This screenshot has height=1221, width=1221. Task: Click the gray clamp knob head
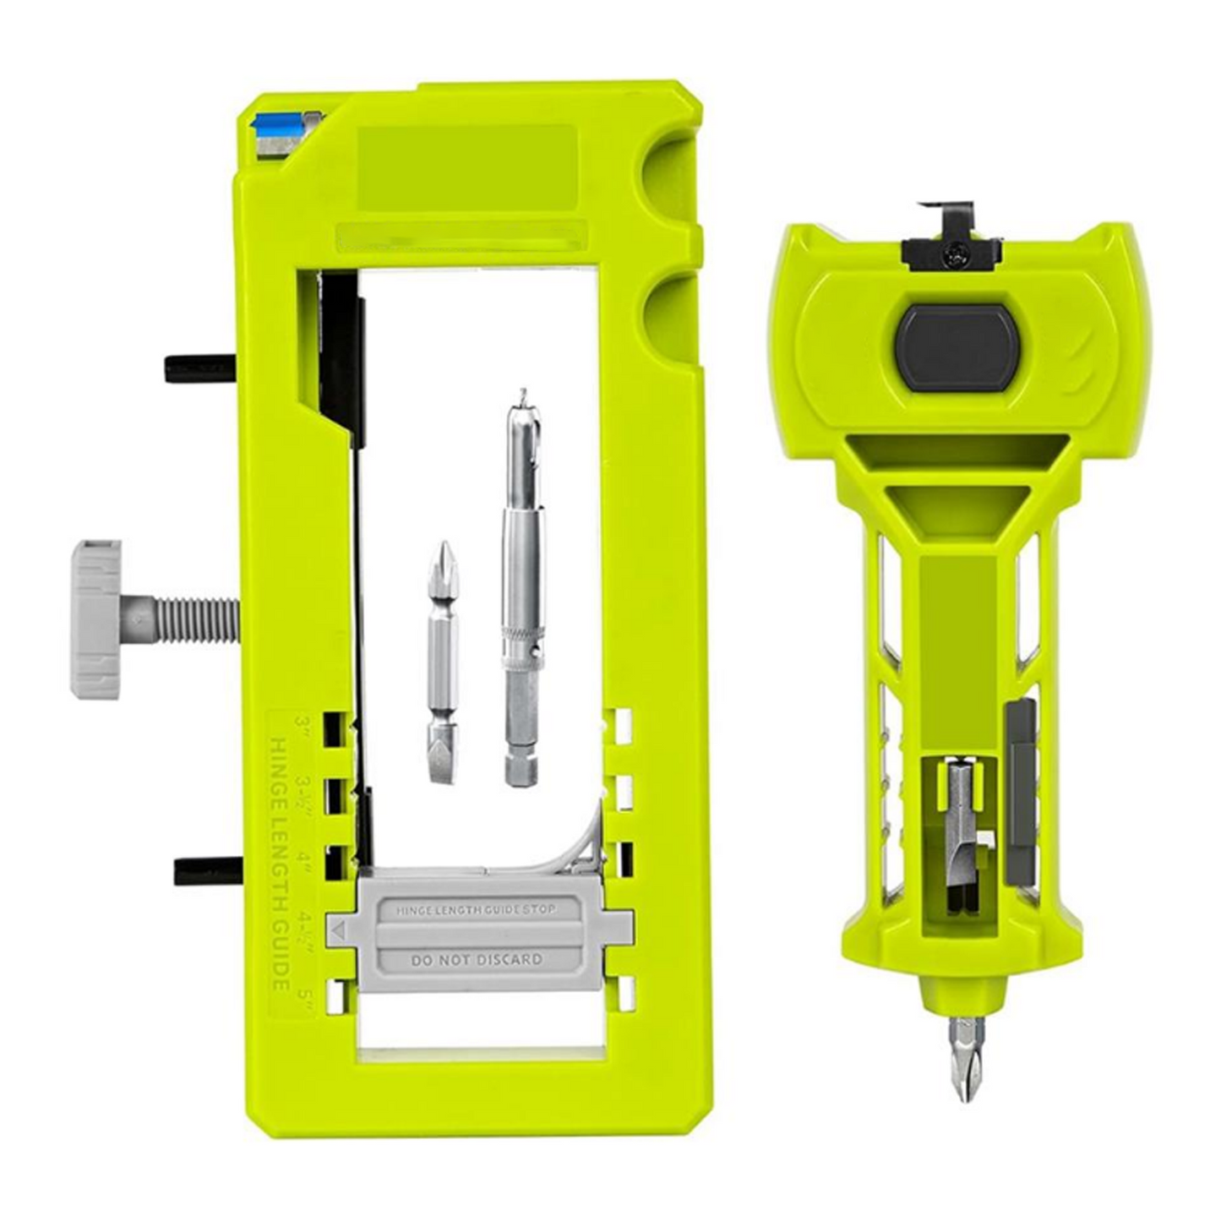95,619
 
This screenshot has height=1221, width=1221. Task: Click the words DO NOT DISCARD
477,959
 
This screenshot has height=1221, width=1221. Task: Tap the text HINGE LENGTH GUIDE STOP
477,910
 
